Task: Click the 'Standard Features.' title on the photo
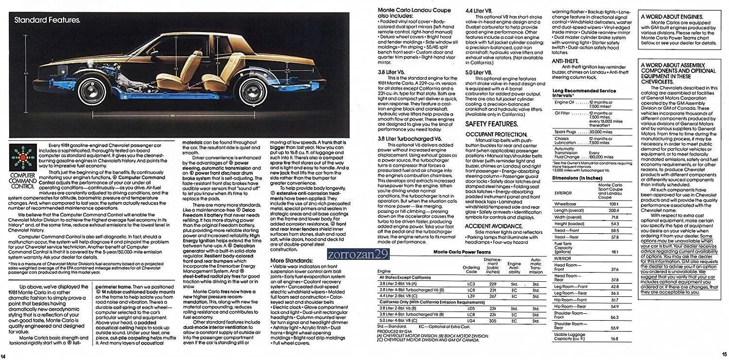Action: pyautogui.click(x=47, y=20)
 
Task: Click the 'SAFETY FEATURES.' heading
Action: pyautogui.click(x=491, y=124)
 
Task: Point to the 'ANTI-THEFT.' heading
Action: pyautogui.click(x=565, y=61)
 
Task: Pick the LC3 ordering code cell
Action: pyautogui.click(x=470, y=283)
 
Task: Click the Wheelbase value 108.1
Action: pyautogui.click(x=614, y=204)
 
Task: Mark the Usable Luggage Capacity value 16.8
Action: pyautogui.click(x=614, y=339)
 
